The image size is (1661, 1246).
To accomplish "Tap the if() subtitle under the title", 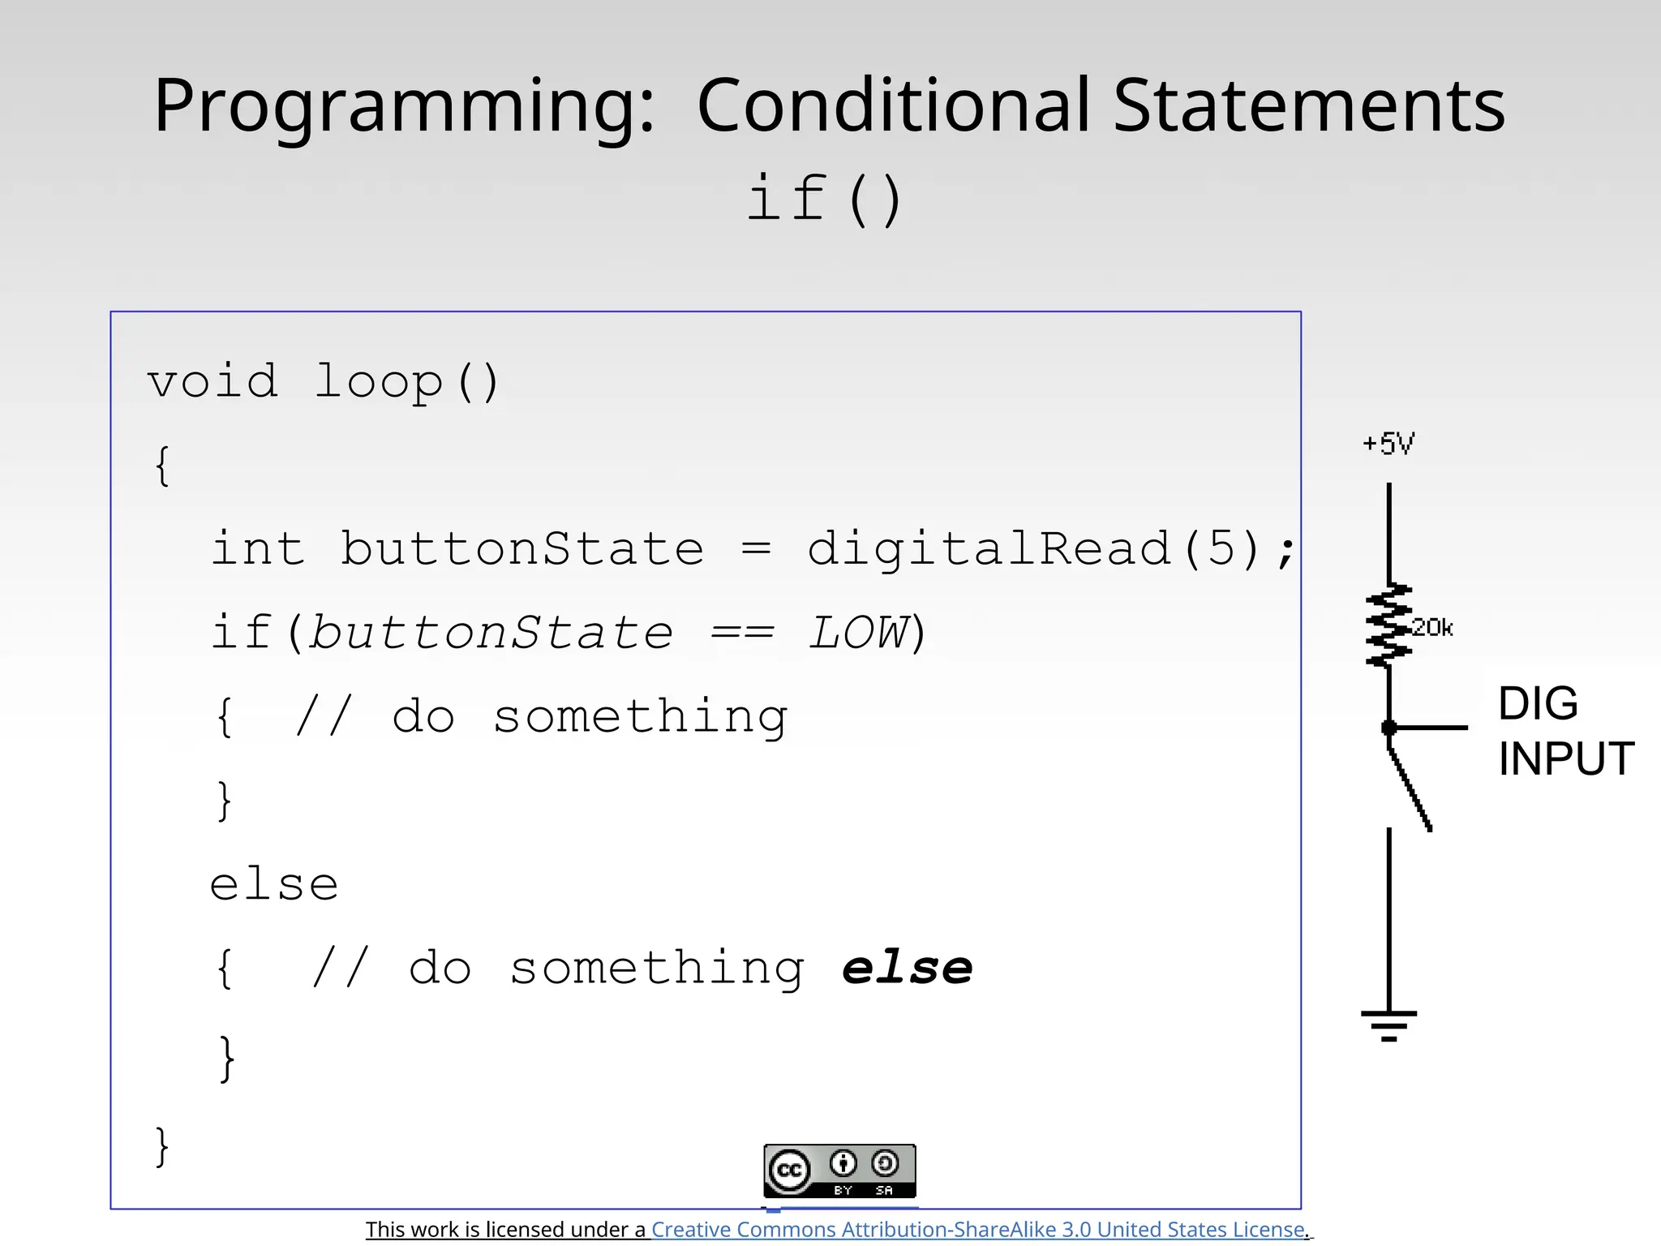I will point(824,200).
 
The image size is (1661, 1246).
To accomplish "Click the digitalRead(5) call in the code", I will point(1034,549).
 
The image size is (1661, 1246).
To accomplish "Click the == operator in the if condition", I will point(741,634).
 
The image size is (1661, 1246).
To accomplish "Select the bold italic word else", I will point(907,968).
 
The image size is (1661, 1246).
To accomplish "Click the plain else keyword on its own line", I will point(274,884).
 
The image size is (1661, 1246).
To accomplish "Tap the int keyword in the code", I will point(258,549).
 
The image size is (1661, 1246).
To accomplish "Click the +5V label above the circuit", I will point(1388,444).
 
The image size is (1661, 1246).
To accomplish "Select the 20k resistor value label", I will point(1432,628).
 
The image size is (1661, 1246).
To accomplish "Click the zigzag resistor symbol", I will point(1388,625).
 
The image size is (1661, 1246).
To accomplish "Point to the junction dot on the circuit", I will point(1388,728).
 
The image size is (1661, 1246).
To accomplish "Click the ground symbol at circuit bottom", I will point(1388,1025).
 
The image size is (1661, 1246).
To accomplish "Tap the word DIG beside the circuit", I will point(1538,703).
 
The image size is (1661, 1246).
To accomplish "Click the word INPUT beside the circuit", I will point(1565,759).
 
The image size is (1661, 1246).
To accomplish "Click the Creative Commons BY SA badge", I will point(839,1171).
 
